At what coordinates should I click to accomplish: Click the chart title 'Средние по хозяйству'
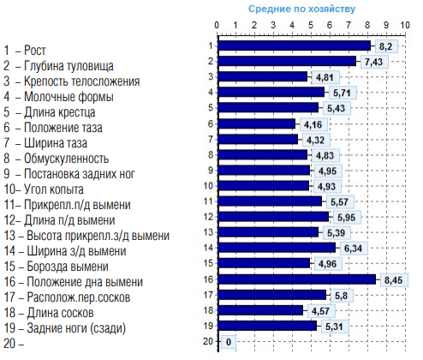coord(301,9)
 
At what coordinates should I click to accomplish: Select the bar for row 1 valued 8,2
coord(295,45)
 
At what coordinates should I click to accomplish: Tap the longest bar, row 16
coord(297,279)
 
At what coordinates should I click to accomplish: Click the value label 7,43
coord(373,62)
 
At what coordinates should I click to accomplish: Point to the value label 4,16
coord(313,124)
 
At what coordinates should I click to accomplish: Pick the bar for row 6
coord(257,124)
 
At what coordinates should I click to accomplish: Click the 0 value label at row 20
coord(229,342)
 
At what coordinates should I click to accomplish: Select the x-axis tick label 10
coord(404,25)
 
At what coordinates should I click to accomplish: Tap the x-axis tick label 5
coord(311,25)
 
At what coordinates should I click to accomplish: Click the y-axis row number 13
coord(208,232)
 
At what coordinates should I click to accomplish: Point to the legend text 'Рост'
coord(34,51)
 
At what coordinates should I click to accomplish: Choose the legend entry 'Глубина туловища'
coord(69,66)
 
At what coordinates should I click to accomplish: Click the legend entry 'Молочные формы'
coord(69,97)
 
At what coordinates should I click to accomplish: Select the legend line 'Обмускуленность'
coord(66,159)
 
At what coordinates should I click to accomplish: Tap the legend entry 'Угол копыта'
coord(54,189)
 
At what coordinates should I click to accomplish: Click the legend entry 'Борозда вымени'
coord(68,267)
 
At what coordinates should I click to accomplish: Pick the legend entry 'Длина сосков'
coord(60,313)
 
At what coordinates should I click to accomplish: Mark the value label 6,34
coord(353,249)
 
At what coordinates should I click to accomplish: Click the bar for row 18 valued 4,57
coord(260,310)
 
